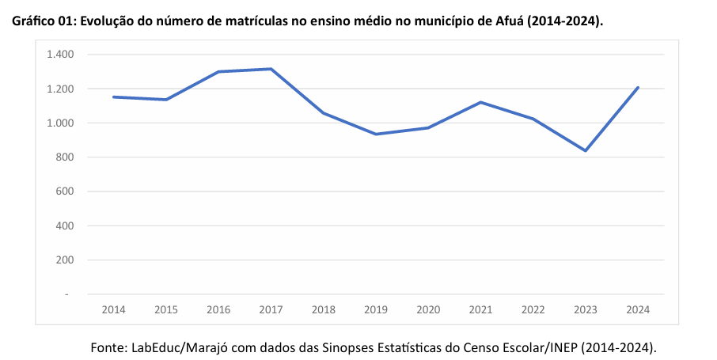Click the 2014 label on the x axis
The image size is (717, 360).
point(114,310)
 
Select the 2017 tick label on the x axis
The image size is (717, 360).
point(271,310)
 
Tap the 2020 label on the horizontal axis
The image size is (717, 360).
point(428,310)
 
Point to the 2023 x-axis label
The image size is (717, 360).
point(585,310)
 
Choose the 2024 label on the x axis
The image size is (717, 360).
point(637,310)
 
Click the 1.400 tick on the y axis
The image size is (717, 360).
point(60,55)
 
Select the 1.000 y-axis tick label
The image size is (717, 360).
point(60,123)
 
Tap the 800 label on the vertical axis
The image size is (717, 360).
point(64,157)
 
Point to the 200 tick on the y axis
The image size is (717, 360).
point(64,260)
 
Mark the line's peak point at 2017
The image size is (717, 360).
point(271,69)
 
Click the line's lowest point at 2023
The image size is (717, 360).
point(585,150)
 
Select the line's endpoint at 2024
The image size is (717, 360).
point(638,87)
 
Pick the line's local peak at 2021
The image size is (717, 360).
point(480,102)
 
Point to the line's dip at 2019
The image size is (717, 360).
point(376,134)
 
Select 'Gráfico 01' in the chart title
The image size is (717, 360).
point(40,21)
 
